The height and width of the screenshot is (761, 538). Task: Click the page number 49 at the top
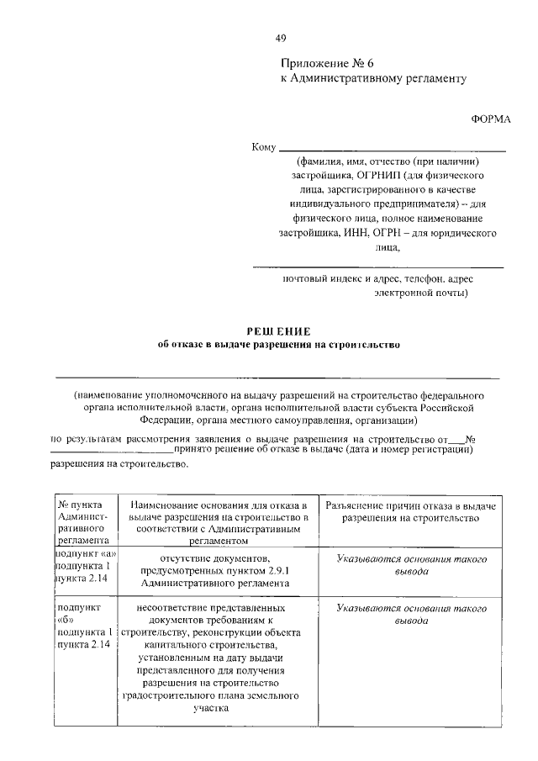pos(281,38)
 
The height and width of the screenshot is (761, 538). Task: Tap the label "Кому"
pos(264,149)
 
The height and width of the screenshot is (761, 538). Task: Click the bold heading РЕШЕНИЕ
pos(277,331)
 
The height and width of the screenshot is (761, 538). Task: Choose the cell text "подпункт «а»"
pos(86,555)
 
